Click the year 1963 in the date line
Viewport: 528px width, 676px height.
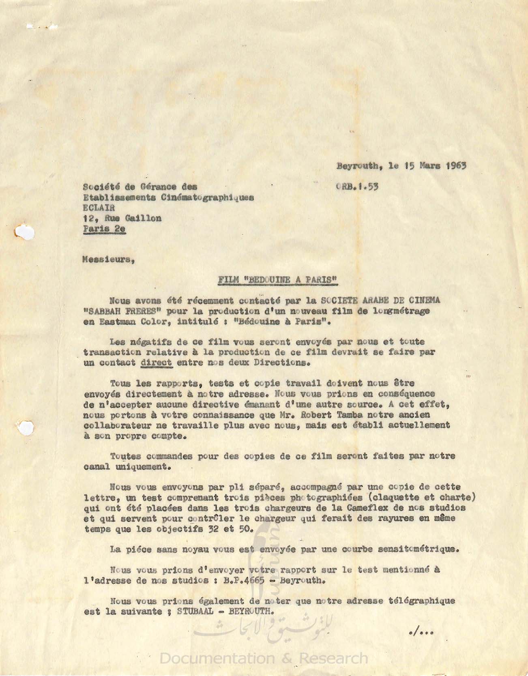pos(456,165)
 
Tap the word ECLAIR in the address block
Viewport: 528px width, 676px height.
pos(99,208)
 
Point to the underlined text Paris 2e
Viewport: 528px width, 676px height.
pos(104,229)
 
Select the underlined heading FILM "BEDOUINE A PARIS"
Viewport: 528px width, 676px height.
pos(278,280)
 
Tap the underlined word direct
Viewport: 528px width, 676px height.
pos(157,363)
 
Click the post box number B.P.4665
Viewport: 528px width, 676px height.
pos(244,580)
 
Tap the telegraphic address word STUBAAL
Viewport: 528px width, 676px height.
pos(195,612)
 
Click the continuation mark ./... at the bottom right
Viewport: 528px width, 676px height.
pos(421,631)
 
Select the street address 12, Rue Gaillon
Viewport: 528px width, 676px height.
pos(122,218)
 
